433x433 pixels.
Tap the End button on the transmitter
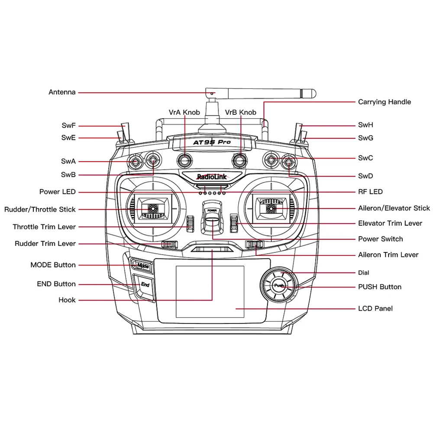(145, 285)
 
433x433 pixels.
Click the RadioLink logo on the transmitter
(212, 177)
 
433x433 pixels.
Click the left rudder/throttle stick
(152, 209)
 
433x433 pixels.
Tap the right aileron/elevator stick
(271, 209)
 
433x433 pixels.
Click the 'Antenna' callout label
(62, 92)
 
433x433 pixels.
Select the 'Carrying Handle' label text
(384, 102)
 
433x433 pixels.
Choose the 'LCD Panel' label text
(375, 309)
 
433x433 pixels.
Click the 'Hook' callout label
(67, 300)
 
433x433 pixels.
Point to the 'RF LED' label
(370, 192)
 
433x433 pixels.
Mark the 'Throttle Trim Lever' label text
(44, 227)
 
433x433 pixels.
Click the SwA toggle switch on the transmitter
(136, 162)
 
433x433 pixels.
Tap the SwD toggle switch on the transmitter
(289, 162)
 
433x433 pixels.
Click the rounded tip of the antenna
(313, 93)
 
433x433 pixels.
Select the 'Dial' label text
(364, 273)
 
